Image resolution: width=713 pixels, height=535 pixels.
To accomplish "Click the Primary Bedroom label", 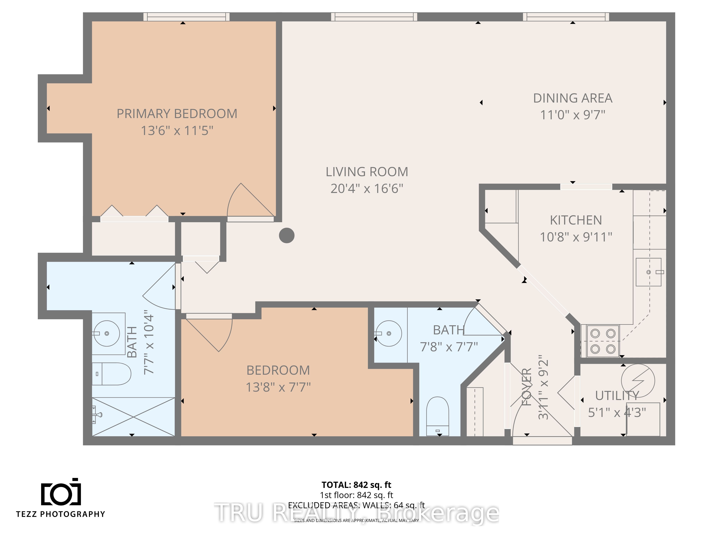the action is click(177, 114).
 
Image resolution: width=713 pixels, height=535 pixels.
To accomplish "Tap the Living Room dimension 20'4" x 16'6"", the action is click(367, 188).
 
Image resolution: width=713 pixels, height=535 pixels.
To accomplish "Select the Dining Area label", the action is click(573, 98).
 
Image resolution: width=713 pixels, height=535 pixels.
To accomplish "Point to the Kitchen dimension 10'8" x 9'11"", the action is click(576, 237).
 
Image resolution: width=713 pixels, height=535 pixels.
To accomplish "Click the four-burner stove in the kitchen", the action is click(603, 341).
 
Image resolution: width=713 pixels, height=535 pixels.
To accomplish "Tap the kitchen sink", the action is click(648, 272).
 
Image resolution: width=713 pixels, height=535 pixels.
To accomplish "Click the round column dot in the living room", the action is click(287, 235).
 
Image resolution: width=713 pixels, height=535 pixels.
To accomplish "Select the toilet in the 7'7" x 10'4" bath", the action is click(112, 374).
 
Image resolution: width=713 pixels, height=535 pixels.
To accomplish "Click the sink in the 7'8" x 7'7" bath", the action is click(389, 333).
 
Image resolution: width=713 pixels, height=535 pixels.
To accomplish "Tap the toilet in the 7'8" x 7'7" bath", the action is click(437, 416).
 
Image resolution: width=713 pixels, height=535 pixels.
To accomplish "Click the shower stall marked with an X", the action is click(134, 417).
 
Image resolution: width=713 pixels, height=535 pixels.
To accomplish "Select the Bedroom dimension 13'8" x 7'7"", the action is click(278, 387).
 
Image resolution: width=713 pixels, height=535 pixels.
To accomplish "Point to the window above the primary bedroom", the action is click(186, 17).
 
